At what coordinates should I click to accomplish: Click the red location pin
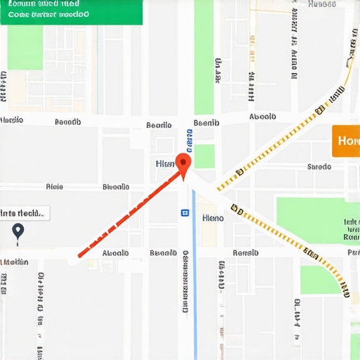click(183, 164)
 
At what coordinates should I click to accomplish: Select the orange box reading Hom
click(346, 141)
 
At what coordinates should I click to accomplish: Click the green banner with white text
click(71, 12)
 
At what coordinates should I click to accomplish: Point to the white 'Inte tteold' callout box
click(25, 212)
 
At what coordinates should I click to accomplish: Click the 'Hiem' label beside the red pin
click(165, 163)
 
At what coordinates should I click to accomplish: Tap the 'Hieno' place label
click(212, 218)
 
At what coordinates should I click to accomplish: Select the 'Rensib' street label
click(245, 252)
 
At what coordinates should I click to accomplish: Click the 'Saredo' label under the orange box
click(319, 167)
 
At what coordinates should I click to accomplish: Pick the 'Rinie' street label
click(54, 187)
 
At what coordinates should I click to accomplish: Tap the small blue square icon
click(185, 212)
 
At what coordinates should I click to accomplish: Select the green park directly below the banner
click(25, 47)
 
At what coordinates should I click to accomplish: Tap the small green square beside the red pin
click(205, 156)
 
